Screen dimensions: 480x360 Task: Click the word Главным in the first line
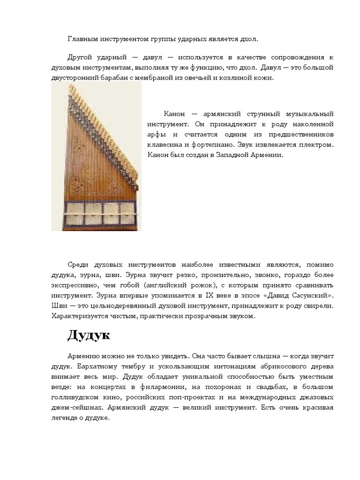pyautogui.click(x=82, y=38)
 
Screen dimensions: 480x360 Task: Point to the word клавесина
pyautogui.click(x=166, y=145)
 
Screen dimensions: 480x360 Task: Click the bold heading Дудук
pyautogui.click(x=89, y=335)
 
